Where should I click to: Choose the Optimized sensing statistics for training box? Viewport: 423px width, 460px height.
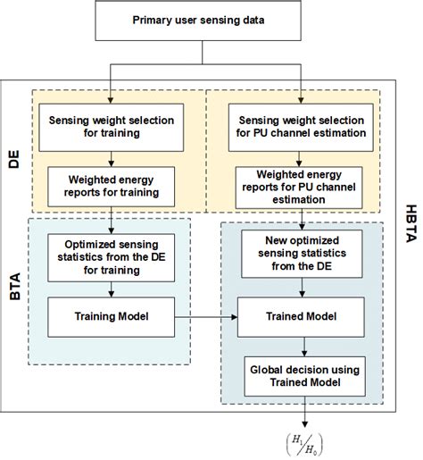click(x=110, y=253)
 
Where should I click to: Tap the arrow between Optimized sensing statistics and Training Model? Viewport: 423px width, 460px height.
click(x=110, y=285)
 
